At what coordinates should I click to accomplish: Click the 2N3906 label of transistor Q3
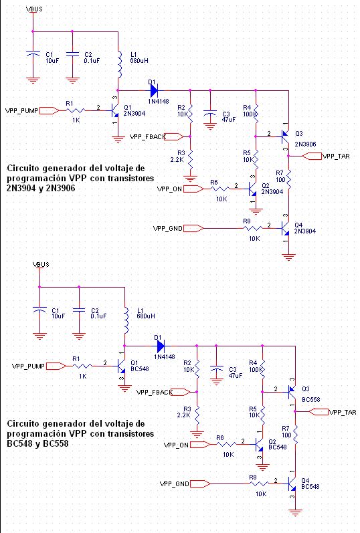[305, 144]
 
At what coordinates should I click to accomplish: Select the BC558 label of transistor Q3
[311, 400]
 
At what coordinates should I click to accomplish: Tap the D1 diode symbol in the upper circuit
[154, 90]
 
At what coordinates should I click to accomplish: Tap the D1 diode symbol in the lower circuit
[161, 346]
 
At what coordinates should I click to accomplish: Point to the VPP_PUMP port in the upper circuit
[50, 110]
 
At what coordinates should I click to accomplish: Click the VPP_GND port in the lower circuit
[200, 484]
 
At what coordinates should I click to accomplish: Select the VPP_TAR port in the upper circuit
[312, 156]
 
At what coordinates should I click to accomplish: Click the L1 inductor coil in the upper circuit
[119, 65]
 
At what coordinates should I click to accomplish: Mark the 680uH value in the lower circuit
[146, 316]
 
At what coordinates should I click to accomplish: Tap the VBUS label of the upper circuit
[34, 9]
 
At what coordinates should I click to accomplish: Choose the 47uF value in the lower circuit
[236, 376]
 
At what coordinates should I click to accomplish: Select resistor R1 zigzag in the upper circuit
[76, 110]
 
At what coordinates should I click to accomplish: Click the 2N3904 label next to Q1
[134, 114]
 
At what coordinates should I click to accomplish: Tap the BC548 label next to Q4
[310, 487]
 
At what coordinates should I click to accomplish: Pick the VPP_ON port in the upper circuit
[193, 189]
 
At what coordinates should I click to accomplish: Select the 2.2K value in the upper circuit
[177, 159]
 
